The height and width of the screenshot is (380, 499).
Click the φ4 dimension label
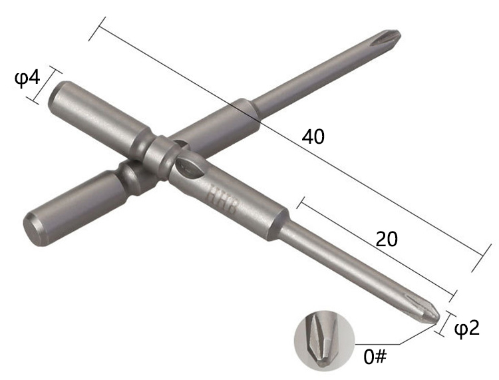(x=27, y=79)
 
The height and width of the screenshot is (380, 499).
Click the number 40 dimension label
(x=313, y=137)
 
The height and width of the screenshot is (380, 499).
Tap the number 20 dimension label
(x=387, y=240)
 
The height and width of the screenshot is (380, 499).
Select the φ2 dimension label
(x=467, y=328)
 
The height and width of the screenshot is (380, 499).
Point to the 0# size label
(x=375, y=357)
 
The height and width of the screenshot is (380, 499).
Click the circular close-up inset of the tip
(x=324, y=340)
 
